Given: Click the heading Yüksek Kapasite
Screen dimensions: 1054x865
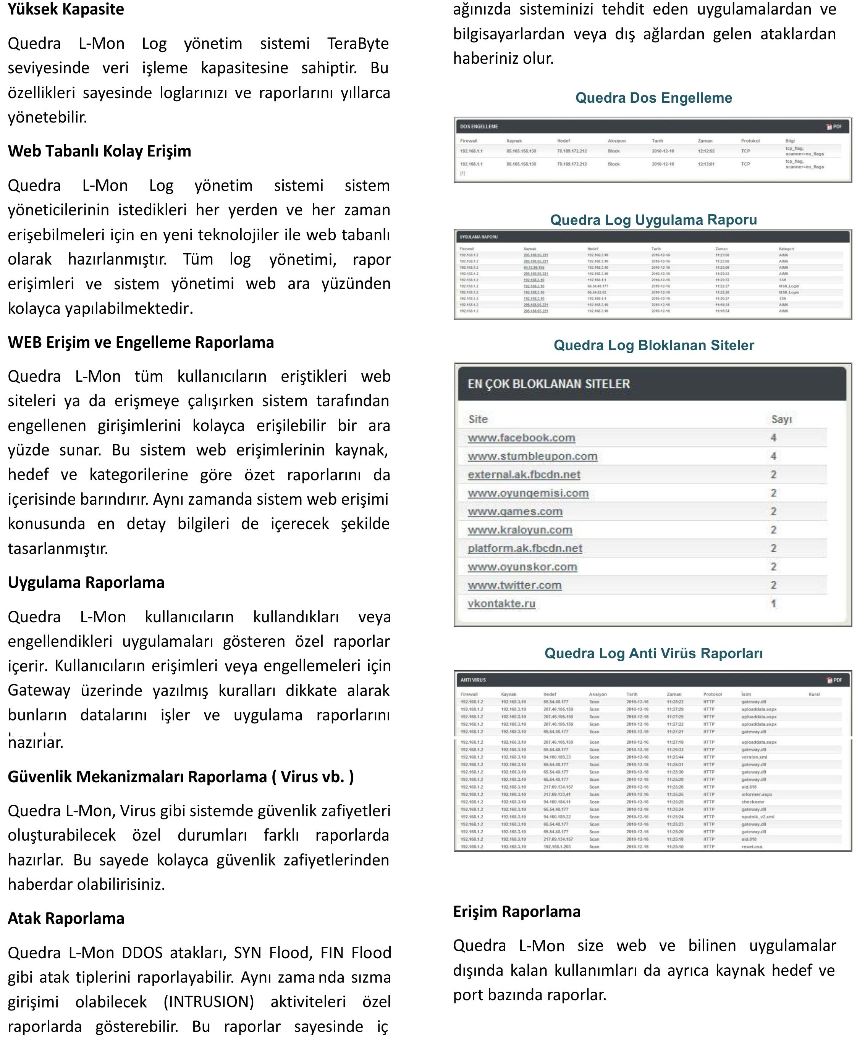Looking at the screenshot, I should pyautogui.click(x=66, y=10).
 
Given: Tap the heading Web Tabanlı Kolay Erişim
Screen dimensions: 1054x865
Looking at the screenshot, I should pyautogui.click(x=99, y=151).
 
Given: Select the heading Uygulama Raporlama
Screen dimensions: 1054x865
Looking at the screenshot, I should pyautogui.click(x=86, y=582).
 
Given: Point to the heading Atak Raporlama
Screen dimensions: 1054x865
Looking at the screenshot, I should pyautogui.click(x=66, y=918).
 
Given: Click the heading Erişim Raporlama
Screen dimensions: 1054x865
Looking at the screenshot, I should pyautogui.click(x=517, y=911).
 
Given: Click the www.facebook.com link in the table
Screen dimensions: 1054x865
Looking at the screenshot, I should pyautogui.click(x=521, y=438).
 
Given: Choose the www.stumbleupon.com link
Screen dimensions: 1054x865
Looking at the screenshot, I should pyautogui.click(x=532, y=456).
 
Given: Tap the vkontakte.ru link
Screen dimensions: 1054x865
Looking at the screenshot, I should pyautogui.click(x=501, y=604).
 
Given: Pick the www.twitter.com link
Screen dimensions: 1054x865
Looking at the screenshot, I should pyautogui.click(x=514, y=585).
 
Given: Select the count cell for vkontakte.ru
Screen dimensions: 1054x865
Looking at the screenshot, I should pyautogui.click(x=773, y=604).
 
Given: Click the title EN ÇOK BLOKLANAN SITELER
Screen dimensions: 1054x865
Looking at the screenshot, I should pyautogui.click(x=549, y=384).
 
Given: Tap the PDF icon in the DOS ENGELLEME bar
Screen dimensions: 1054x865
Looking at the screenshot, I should pyautogui.click(x=834, y=126).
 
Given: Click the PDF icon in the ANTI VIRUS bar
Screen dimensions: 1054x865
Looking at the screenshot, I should pyautogui.click(x=834, y=680).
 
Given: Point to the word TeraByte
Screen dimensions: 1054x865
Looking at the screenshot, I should pyautogui.click(x=358, y=44).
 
